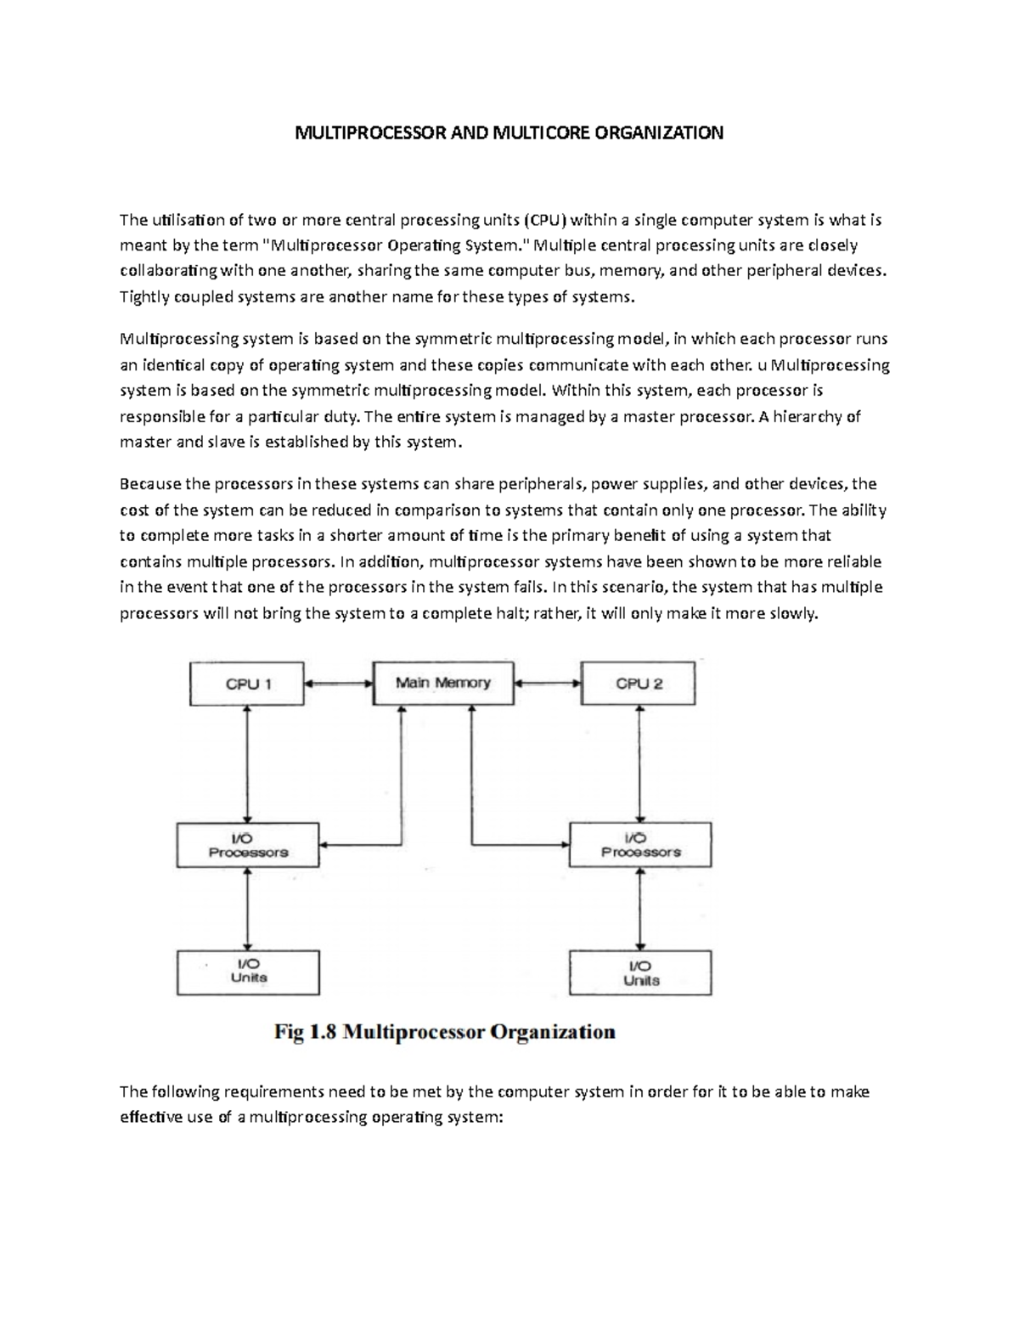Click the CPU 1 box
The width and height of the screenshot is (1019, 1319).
click(x=246, y=683)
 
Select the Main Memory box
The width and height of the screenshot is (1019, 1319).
click(x=443, y=683)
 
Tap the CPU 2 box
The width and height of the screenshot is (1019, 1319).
click(x=638, y=683)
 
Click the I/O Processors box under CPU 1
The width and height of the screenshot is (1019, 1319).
click(x=248, y=844)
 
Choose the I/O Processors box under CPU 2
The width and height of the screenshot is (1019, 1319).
click(x=640, y=844)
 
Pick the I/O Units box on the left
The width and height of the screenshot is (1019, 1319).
click(x=248, y=972)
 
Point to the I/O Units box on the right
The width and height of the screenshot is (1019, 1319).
click(x=640, y=972)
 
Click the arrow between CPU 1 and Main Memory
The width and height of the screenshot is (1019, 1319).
click(x=339, y=681)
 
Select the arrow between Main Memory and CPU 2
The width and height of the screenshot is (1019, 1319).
click(x=548, y=681)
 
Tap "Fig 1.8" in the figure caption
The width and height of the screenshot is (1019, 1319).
click(x=305, y=1033)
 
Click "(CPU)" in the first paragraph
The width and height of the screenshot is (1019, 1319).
click(x=544, y=221)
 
